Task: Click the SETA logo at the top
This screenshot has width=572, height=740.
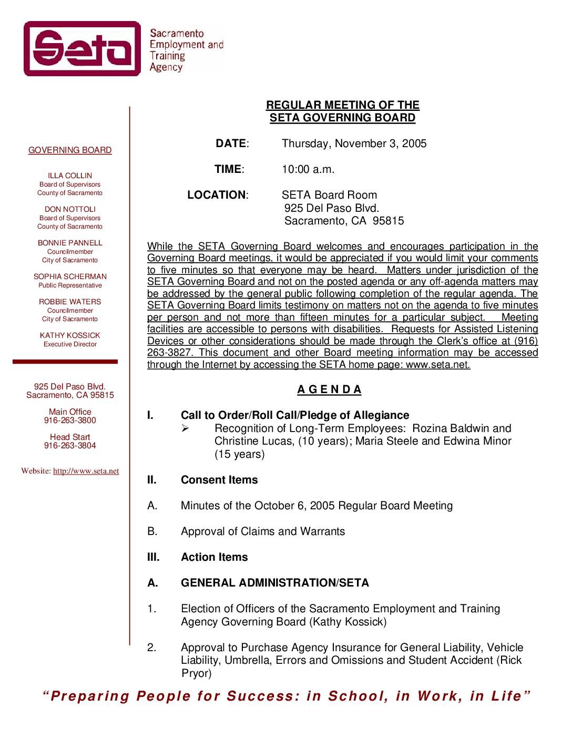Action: tap(83, 48)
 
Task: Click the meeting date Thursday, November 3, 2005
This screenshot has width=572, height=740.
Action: tap(354, 143)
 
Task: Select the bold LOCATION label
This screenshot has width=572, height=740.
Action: tap(217, 195)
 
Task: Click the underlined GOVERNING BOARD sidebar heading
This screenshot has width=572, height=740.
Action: tap(70, 150)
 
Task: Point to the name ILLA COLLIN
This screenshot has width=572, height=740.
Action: tap(70, 176)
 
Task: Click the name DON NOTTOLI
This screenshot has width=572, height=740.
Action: tap(70, 209)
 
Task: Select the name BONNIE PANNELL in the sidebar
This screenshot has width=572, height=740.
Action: tap(70, 243)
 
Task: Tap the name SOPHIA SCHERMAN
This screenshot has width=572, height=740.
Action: tap(70, 276)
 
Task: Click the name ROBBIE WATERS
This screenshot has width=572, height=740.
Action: tap(70, 302)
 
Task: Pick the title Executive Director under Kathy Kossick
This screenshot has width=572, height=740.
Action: tap(70, 344)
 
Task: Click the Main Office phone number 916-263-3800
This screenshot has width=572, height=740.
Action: tap(70, 420)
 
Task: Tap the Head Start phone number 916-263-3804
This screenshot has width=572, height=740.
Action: tap(70, 446)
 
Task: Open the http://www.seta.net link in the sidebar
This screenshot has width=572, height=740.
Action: tap(86, 471)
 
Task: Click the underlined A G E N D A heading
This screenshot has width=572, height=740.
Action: tap(330, 389)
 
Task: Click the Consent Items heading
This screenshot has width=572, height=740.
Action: tap(219, 480)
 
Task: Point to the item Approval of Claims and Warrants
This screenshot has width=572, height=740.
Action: tap(263, 531)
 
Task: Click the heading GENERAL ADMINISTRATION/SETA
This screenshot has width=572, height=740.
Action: tap(274, 583)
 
